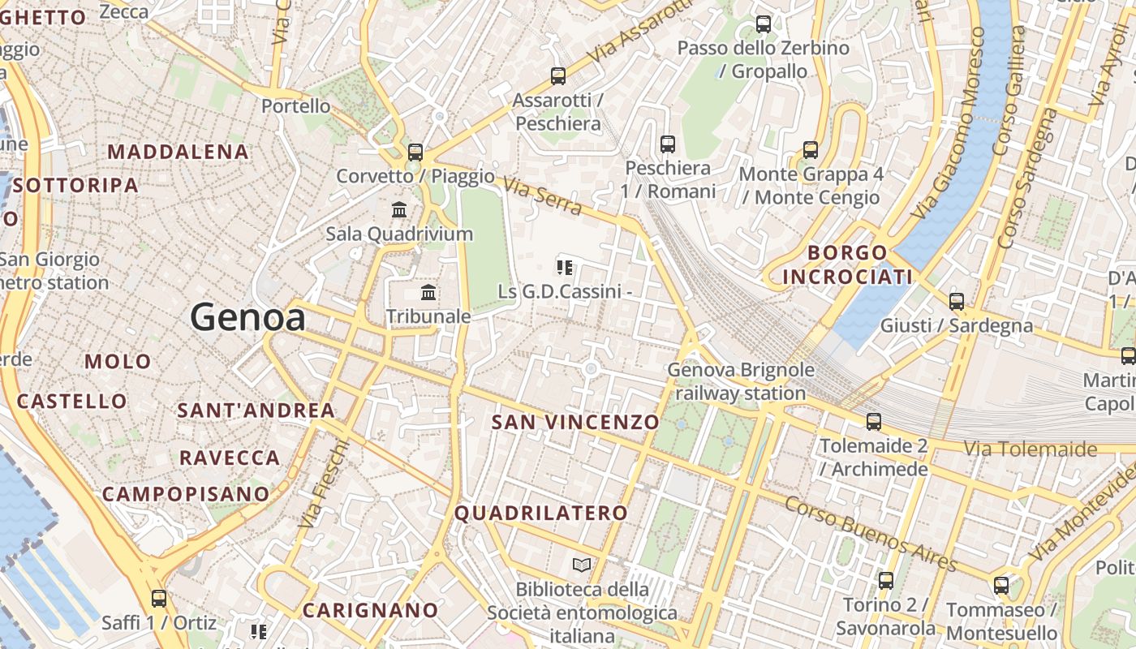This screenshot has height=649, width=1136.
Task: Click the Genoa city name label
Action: [x=247, y=317]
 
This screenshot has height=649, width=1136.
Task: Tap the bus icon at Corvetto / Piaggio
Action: [x=415, y=152]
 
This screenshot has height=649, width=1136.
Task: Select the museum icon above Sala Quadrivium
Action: [x=399, y=210]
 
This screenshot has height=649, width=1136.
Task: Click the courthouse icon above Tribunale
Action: [x=428, y=292]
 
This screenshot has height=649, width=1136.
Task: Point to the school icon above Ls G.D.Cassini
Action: [x=565, y=267]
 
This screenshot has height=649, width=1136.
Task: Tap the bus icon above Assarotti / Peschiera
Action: [x=558, y=76]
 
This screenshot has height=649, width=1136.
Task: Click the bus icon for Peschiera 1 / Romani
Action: [x=668, y=144]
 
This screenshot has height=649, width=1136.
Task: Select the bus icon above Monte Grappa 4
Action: [x=810, y=150]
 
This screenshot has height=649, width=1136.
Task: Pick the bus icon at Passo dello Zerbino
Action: [x=763, y=24]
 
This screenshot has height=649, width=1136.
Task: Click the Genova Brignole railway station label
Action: [x=740, y=381]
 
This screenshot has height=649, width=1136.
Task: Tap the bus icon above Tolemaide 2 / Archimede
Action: [x=873, y=422]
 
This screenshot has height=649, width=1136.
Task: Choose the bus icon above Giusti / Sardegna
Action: [x=957, y=302]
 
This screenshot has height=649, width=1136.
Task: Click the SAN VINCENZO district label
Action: [x=575, y=422]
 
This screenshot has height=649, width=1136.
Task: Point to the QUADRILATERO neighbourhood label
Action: [x=540, y=513]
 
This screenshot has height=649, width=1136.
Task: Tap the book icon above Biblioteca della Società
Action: [x=581, y=565]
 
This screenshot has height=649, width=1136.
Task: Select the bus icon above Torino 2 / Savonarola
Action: [x=885, y=581]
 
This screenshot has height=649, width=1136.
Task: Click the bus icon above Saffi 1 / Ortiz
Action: [x=159, y=599]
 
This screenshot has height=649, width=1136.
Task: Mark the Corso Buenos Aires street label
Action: [x=871, y=533]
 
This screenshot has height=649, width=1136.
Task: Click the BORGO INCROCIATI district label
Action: [x=848, y=264]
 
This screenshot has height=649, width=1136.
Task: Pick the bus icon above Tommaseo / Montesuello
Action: [x=1001, y=586]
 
